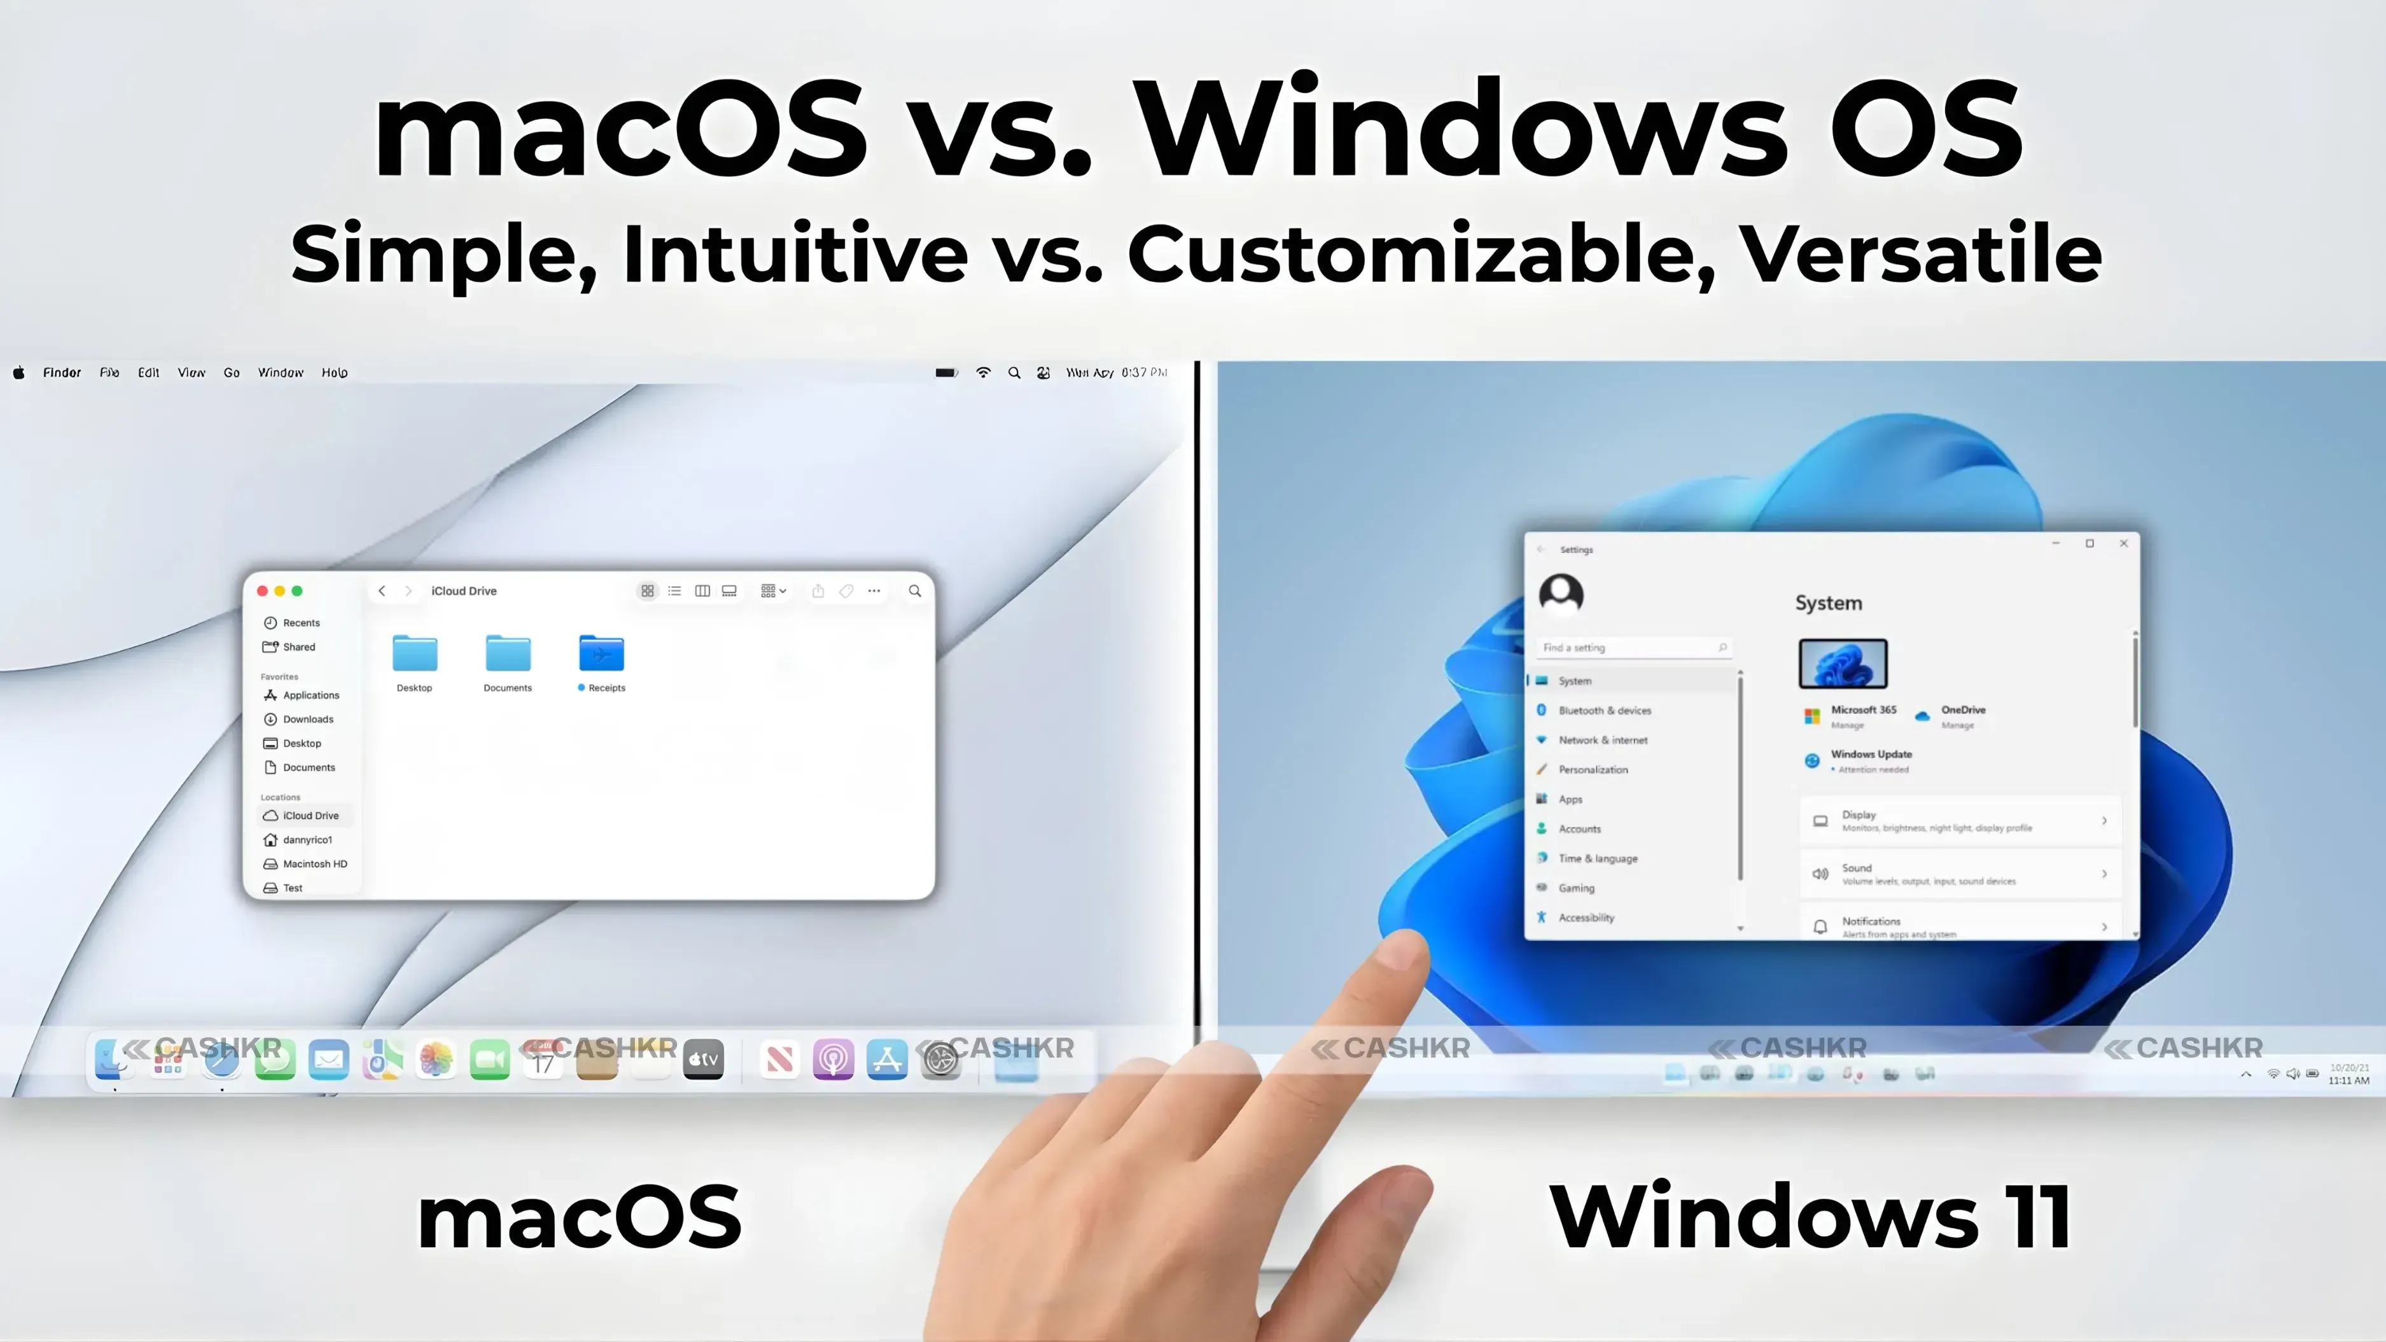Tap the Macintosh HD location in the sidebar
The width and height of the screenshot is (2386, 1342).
click(314, 864)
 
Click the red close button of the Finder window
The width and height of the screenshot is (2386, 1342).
click(262, 591)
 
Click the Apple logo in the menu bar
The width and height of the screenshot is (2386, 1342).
click(18, 372)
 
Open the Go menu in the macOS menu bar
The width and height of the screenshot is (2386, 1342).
click(232, 372)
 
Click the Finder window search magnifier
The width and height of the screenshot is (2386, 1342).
click(914, 591)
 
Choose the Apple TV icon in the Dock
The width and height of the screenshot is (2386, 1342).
click(703, 1059)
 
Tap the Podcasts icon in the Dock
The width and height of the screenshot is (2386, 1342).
click(833, 1059)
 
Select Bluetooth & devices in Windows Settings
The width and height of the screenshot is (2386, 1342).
click(1604, 710)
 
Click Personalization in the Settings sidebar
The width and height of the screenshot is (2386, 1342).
click(1592, 770)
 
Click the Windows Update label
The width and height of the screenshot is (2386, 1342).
click(1871, 755)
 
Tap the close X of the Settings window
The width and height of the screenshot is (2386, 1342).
click(2124, 543)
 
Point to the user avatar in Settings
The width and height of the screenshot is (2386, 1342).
click(1561, 594)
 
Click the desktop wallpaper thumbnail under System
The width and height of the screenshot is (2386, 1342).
click(1842, 663)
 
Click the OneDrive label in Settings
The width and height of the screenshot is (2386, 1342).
click(1963, 710)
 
